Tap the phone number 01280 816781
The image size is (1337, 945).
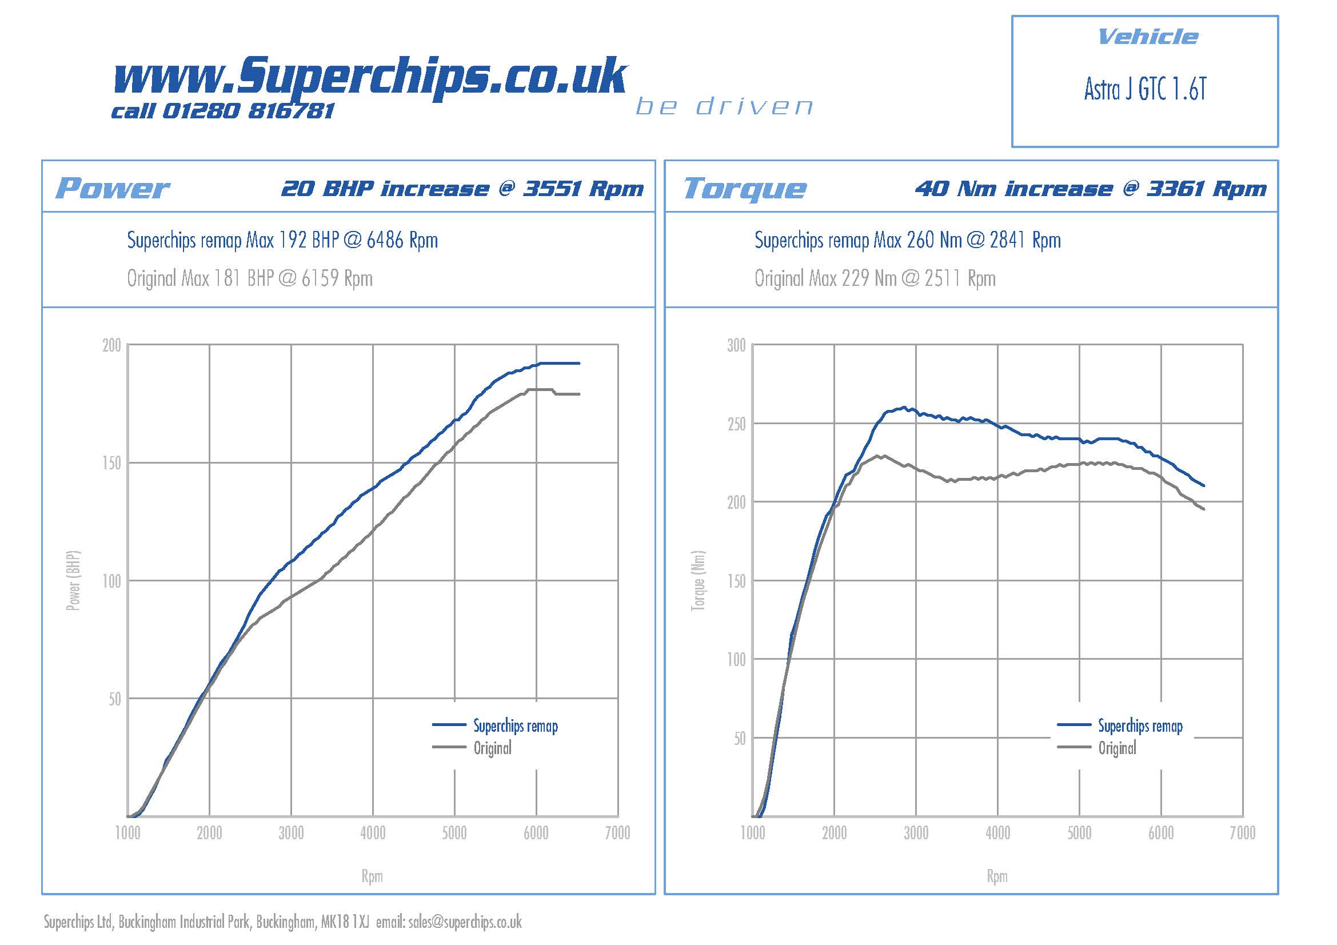click(248, 111)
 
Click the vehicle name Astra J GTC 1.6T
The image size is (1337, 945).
click(1145, 89)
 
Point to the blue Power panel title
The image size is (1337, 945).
click(112, 188)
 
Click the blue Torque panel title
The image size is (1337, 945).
click(745, 188)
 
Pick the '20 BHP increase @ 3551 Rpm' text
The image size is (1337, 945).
click(462, 189)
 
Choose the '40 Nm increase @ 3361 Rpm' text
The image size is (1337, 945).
click(1090, 189)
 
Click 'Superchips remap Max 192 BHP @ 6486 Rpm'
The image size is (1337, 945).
click(282, 240)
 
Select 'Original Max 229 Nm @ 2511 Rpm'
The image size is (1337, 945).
click(875, 278)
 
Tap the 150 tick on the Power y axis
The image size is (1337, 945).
click(112, 464)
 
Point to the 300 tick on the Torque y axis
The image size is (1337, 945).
click(736, 346)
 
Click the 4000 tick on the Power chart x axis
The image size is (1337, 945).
click(373, 833)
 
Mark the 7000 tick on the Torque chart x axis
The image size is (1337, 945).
click(1242, 833)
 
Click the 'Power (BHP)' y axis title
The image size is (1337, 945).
click(73, 580)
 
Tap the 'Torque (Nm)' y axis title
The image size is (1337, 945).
click(697, 580)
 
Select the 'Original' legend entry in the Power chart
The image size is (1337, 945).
click(493, 748)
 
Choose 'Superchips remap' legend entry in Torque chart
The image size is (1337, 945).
click(1140, 726)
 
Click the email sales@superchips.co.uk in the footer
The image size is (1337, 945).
click(465, 922)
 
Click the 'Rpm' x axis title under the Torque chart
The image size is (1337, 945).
click(997, 876)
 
